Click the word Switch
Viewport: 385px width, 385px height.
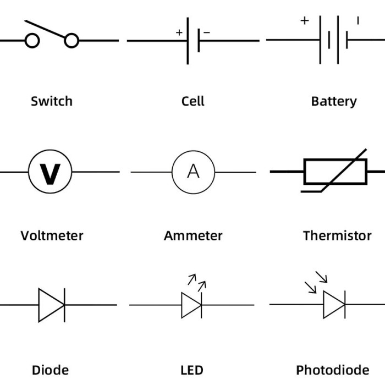pos(52,101)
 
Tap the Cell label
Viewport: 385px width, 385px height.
pos(193,101)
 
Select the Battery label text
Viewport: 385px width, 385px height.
pos(334,101)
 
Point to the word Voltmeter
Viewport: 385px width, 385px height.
pos(52,236)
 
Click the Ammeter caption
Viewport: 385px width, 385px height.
pos(193,236)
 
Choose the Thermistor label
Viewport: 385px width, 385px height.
pos(337,236)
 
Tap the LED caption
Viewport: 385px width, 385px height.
pos(192,370)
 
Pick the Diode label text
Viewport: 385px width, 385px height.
pos(50,370)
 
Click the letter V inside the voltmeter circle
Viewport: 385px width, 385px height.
pos(50,173)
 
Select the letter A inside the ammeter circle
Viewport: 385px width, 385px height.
pos(193,172)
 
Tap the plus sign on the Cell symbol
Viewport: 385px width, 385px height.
pos(179,32)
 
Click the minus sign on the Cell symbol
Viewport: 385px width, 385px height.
pos(207,32)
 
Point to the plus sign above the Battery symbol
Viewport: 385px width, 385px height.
pos(305,21)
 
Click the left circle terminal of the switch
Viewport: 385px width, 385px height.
pos(32,41)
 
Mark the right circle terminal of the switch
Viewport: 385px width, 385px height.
pos(71,41)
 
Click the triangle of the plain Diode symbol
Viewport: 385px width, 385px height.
pos(50,305)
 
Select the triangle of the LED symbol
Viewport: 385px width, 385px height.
pos(190,305)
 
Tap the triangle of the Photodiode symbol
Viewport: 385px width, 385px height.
pos(332,305)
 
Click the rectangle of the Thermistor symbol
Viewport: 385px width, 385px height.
pos(335,172)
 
